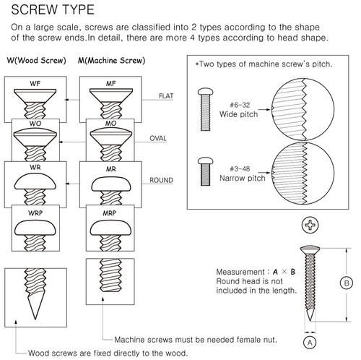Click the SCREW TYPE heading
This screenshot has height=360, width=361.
[x=49, y=9]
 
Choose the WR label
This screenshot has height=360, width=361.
[x=34, y=169]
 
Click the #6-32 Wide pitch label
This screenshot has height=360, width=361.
[x=239, y=108]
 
